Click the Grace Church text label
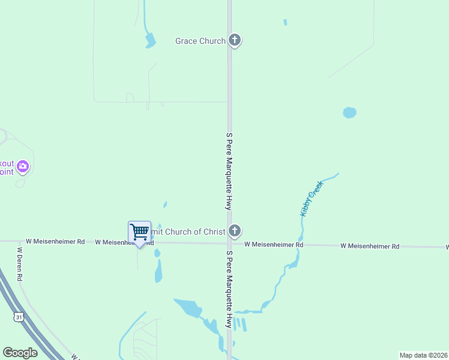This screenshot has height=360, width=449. click(200, 41)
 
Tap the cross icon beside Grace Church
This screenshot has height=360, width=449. click(235, 41)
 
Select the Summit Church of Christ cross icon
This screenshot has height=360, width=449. click(235, 231)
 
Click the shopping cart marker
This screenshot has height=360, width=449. click(139, 232)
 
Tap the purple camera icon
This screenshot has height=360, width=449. click(23, 166)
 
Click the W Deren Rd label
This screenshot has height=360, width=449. click(19, 264)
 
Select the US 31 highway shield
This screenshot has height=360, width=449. click(19, 317)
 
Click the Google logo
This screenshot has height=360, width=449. click(20, 352)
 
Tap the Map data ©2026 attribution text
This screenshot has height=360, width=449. click(423, 355)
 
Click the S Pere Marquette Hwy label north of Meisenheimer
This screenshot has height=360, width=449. click(229, 171)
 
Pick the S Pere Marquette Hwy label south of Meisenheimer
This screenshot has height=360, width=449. click(229, 289)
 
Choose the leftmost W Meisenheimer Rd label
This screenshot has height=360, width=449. click(55, 242)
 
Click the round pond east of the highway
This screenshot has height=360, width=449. click(349, 112)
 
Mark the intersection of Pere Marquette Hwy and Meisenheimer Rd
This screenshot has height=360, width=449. click(229, 244)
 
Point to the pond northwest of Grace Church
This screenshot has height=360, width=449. click(149, 41)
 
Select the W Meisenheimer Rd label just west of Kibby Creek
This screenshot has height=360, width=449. click(274, 245)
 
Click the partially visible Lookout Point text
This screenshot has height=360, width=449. click(6, 167)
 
